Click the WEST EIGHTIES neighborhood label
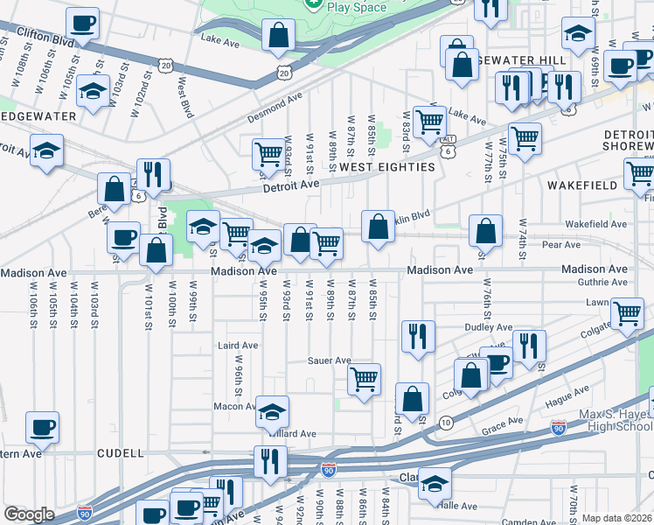[x=386, y=166]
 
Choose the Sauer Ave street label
[x=329, y=360]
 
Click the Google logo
[x=29, y=514]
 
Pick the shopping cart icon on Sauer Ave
[x=364, y=379]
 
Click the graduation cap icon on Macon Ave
[x=273, y=410]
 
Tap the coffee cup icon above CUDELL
[x=42, y=427]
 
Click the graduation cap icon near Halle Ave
[x=434, y=483]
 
